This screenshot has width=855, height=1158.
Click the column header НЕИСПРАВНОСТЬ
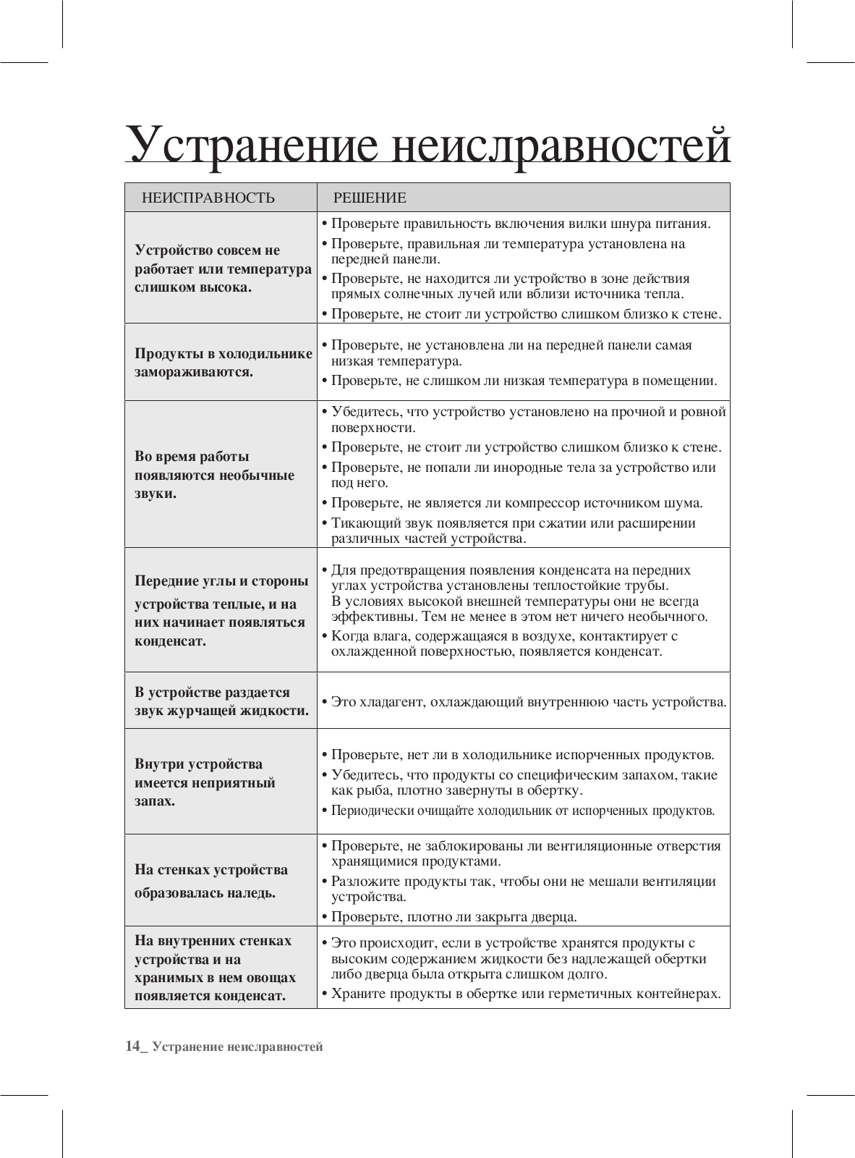[208, 198]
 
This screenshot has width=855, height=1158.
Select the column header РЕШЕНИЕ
[370, 198]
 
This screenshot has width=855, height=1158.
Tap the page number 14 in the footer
[132, 1047]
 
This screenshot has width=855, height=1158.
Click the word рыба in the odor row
[368, 790]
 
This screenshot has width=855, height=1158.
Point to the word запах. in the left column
[155, 802]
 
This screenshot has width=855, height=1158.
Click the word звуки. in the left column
[156, 494]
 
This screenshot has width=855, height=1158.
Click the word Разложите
[362, 882]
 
